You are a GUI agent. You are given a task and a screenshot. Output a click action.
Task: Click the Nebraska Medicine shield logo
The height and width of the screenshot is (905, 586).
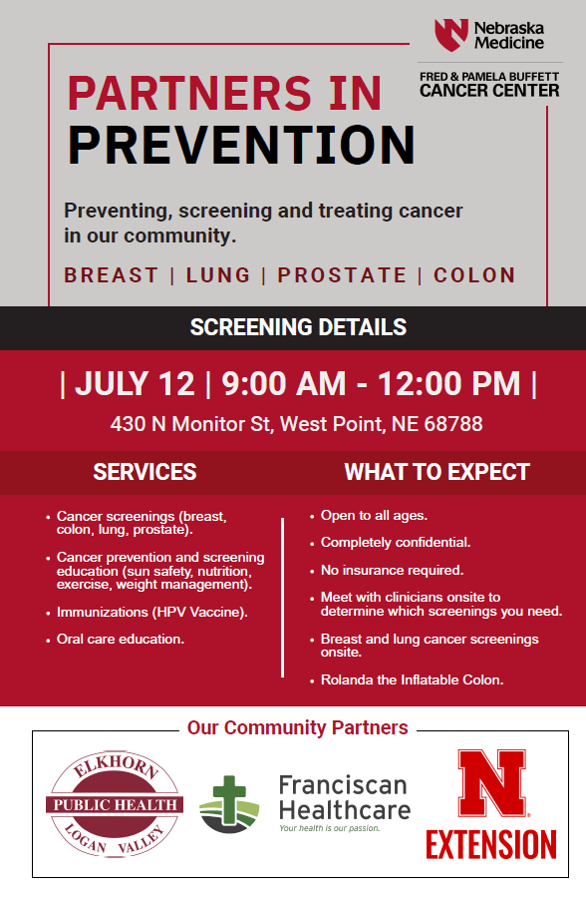tap(450, 35)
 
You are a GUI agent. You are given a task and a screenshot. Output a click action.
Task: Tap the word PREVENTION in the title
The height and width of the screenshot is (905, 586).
tap(241, 145)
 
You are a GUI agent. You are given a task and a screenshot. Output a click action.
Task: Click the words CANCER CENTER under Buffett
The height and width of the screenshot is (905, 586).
tap(489, 91)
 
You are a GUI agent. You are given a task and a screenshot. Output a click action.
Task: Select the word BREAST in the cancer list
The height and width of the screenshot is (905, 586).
tap(112, 275)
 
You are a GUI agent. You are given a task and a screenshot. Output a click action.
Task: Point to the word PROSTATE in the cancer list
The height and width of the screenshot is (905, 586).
tap(342, 275)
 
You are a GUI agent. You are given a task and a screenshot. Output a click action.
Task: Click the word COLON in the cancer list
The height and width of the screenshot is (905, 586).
tap(474, 275)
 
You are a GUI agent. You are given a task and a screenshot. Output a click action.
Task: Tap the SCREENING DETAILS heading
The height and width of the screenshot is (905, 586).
tap(298, 327)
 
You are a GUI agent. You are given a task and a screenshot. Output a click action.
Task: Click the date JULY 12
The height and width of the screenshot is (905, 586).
tap(136, 384)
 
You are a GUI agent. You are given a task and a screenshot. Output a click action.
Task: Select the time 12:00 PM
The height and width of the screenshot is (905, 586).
tap(448, 384)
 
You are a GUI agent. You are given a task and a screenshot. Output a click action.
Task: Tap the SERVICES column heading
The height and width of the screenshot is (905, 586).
tap(145, 472)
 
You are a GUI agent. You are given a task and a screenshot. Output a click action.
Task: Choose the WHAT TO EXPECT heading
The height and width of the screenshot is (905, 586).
tap(437, 472)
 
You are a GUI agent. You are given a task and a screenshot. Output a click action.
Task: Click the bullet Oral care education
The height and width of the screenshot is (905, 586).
tap(121, 639)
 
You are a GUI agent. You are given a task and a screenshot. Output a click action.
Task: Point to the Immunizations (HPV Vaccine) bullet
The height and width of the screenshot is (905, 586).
tap(152, 612)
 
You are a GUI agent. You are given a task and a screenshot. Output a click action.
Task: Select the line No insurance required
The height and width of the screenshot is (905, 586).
tap(392, 571)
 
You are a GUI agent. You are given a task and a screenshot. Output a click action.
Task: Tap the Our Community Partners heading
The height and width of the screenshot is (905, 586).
tap(298, 727)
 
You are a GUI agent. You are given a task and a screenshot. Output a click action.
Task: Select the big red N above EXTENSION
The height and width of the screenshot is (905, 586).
tap(491, 783)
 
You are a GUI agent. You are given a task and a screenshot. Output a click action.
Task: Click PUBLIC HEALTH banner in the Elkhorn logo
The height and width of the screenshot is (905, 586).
tap(115, 804)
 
